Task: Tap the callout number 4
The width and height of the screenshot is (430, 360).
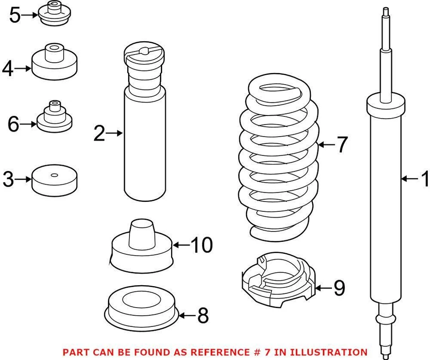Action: (8, 69)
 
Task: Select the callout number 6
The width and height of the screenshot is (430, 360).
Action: (13, 124)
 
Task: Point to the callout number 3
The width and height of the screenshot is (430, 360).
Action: (8, 180)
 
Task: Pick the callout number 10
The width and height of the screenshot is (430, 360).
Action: (202, 245)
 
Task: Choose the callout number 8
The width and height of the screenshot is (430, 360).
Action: (203, 316)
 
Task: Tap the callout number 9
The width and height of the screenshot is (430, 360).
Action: (339, 288)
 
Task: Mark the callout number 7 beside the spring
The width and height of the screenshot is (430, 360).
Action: (342, 145)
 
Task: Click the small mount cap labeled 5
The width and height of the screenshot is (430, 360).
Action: (55, 14)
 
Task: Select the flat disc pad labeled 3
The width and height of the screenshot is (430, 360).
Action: (54, 180)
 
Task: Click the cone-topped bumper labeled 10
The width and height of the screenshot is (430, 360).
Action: (141, 249)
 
